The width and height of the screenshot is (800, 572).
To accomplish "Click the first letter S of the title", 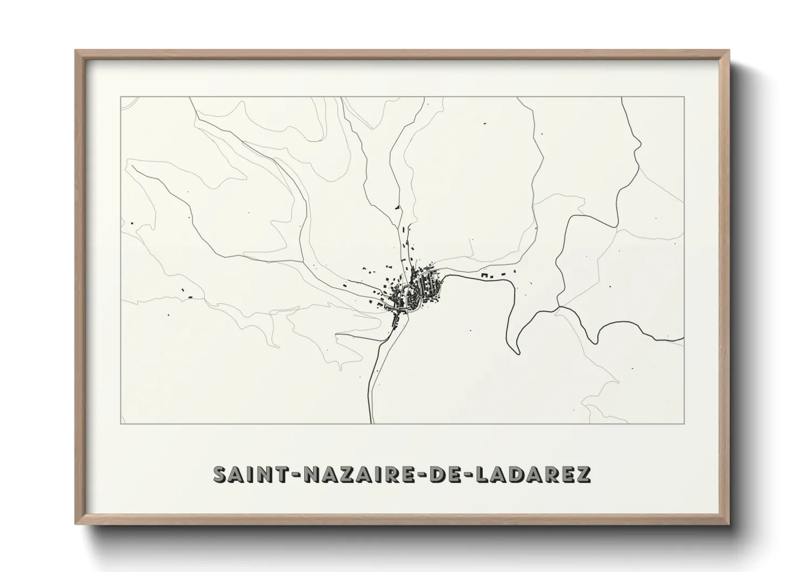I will point(221,474).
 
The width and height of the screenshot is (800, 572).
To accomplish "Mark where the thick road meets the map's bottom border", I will point(371,423).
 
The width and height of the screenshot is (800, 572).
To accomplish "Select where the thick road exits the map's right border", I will point(684,338).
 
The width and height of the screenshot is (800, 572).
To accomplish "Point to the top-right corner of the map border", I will point(684,96).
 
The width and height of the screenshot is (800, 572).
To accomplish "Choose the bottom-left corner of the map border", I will point(121,423).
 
